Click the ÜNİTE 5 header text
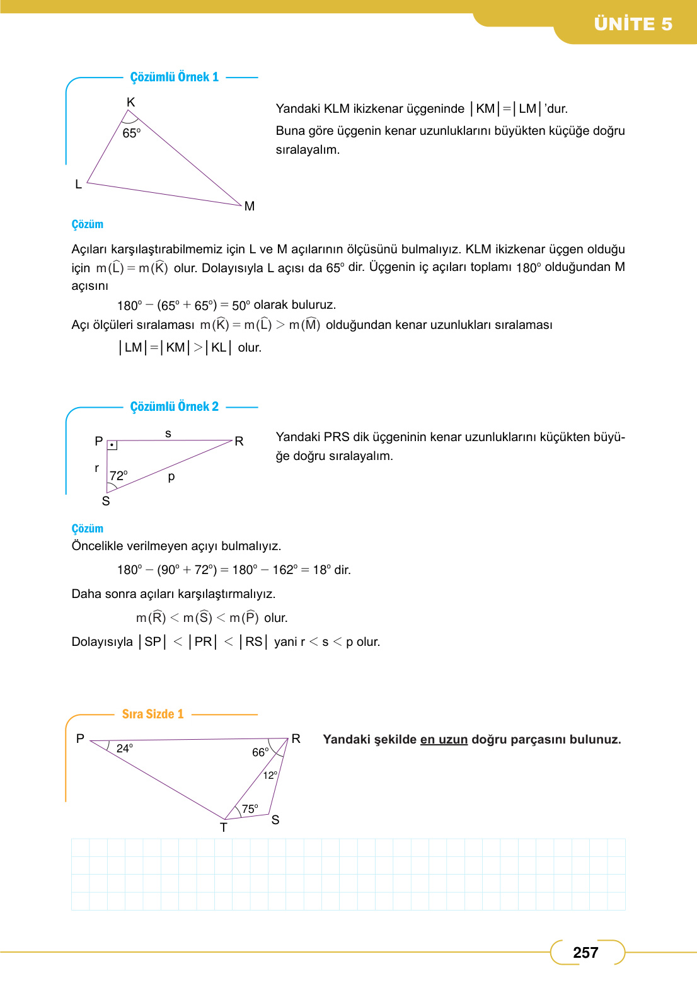point(633,24)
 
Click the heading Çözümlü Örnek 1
point(175,77)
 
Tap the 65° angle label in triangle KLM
point(131,133)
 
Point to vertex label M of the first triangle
point(250,206)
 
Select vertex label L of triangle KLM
point(79,184)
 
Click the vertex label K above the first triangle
point(131,102)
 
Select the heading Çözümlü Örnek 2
point(175,406)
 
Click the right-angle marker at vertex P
point(112,445)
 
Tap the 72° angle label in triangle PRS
point(118,476)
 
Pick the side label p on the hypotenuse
point(171,476)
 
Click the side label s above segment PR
point(168,434)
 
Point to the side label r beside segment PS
point(96,468)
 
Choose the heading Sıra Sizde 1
point(153,714)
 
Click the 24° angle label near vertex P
point(125,748)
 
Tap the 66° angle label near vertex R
point(260,752)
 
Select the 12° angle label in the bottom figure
point(270,775)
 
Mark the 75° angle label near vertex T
point(250,808)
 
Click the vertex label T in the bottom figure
point(224,827)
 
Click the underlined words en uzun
point(444,739)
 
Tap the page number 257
point(585,953)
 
